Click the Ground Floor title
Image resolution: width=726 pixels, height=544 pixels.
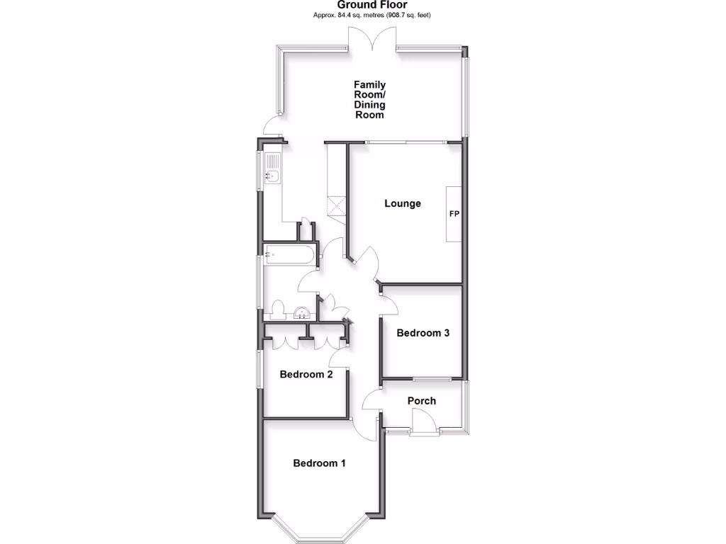point(372,5)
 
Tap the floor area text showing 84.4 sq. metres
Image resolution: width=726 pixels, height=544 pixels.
point(372,15)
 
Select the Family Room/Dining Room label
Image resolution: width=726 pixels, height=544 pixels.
point(370,100)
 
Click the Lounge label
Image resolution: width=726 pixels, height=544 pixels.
point(403,204)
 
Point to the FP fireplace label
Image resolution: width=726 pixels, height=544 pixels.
point(454,213)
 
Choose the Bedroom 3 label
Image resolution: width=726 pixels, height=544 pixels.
point(423,333)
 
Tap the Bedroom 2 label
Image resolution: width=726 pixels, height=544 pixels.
point(306,375)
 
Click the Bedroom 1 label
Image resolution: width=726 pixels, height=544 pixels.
point(320,463)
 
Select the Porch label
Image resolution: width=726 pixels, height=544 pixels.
point(422,401)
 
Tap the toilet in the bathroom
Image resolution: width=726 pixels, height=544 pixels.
point(277,311)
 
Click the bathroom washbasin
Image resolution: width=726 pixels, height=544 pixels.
point(301,312)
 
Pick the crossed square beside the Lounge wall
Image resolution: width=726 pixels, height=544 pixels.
point(336,208)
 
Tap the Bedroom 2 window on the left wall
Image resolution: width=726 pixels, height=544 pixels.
point(259,368)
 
